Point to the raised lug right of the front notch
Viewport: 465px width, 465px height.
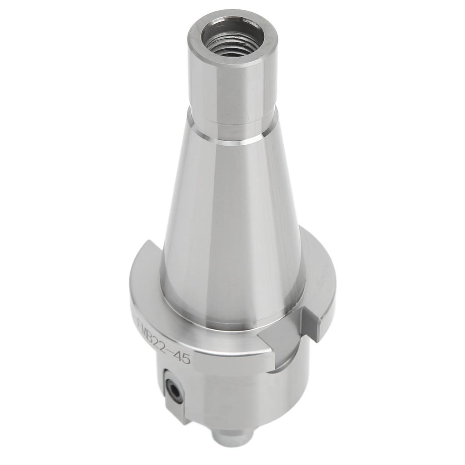[318, 325]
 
